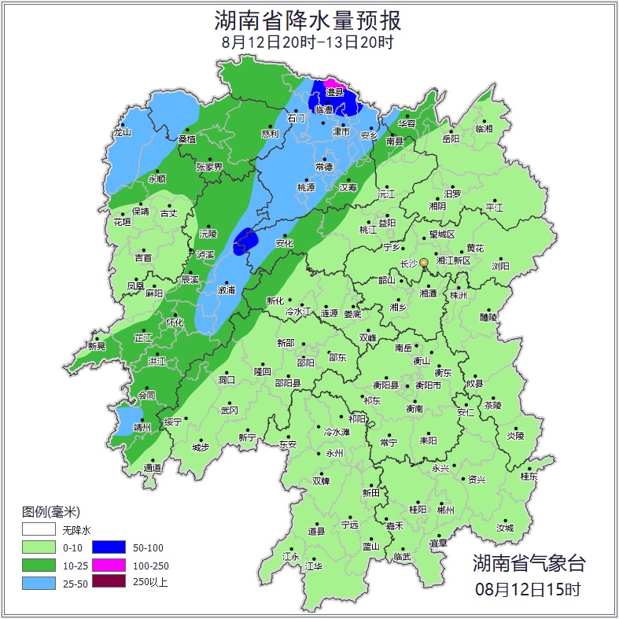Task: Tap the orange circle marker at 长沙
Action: tap(424, 262)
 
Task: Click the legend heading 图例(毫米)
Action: tap(51, 511)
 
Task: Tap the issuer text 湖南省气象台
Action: tap(529, 563)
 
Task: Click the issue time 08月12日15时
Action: tap(529, 588)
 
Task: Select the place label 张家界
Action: tap(209, 167)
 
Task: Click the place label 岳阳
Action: tap(451, 139)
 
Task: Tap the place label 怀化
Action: tap(175, 322)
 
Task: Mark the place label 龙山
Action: tap(122, 132)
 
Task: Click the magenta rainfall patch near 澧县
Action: tap(332, 83)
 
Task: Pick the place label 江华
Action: tap(314, 566)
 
